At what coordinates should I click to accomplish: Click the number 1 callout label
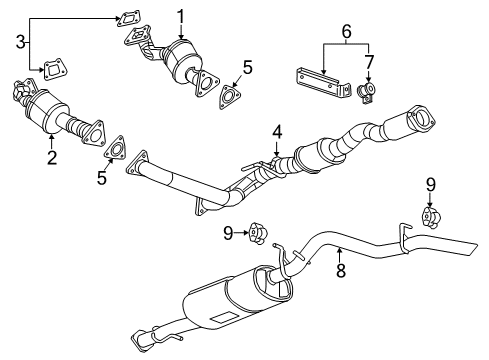tap(181, 15)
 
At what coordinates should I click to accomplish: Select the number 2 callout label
tap(52, 156)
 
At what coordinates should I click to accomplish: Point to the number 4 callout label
tap(277, 130)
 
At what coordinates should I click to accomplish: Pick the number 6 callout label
tap(347, 32)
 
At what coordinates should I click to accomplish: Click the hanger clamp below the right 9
tap(430, 216)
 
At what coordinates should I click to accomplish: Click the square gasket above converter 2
tap(46, 68)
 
